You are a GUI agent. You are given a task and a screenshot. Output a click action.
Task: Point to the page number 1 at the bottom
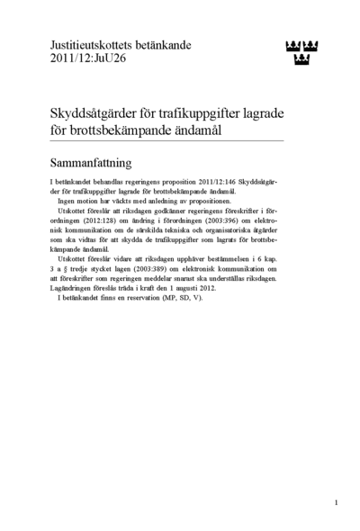point(336,502)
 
